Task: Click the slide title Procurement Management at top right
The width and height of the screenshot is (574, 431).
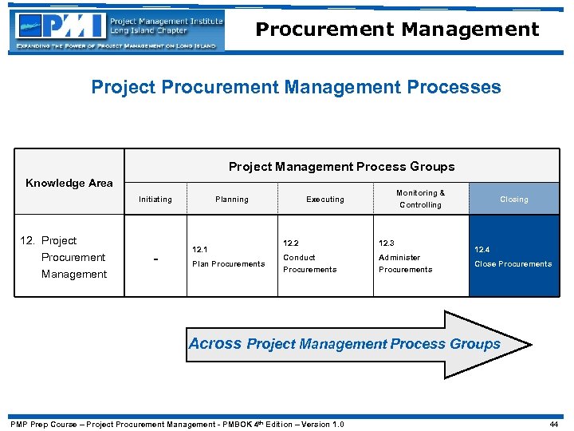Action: (x=397, y=30)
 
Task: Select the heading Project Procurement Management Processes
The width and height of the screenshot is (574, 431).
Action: (x=296, y=86)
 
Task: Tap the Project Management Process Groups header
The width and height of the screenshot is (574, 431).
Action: (x=341, y=167)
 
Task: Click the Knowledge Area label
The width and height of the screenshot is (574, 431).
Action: (x=69, y=183)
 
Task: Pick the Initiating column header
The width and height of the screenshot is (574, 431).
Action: (x=155, y=200)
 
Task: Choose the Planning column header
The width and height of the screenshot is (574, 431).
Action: (x=231, y=200)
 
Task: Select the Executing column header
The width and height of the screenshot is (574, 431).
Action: (x=325, y=200)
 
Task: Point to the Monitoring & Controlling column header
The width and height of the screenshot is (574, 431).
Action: (x=420, y=199)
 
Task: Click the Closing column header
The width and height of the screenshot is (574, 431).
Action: (x=513, y=200)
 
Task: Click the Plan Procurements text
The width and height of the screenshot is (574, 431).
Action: (x=228, y=264)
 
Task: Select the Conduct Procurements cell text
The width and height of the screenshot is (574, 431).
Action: (x=309, y=263)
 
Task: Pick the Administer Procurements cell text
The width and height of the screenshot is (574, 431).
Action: (x=405, y=263)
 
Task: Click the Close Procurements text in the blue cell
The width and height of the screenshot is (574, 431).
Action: (x=513, y=264)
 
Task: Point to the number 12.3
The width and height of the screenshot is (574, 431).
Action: (x=387, y=243)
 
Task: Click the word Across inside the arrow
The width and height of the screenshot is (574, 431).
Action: (x=215, y=344)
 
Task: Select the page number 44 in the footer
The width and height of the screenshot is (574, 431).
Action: (x=555, y=424)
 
